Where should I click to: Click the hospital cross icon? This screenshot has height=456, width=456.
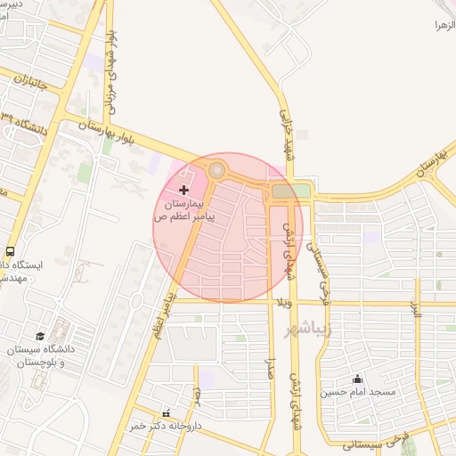[184, 190]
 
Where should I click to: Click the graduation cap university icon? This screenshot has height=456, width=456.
[40, 337]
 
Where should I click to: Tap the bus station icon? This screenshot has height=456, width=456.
[10, 251]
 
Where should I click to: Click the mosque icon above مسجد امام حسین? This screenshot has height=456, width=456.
[358, 378]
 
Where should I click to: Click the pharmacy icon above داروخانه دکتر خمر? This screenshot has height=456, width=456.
[167, 412]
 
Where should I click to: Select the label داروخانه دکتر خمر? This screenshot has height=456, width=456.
[167, 427]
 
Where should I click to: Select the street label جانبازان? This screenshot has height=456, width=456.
[30, 92]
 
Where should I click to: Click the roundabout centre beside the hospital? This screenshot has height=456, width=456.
[216, 168]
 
